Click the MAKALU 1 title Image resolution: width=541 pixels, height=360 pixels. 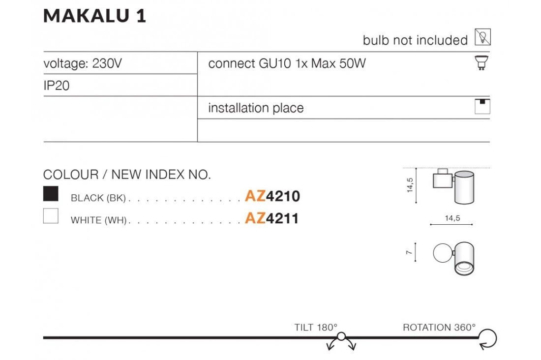(x=95, y=16)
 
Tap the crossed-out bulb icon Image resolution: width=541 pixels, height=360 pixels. (x=482, y=37)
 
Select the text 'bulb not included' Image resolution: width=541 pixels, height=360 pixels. (x=415, y=40)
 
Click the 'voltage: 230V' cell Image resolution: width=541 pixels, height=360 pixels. (x=82, y=63)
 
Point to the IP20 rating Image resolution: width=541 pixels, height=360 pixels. (x=57, y=86)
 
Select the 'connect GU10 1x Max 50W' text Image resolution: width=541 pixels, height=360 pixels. (x=287, y=63)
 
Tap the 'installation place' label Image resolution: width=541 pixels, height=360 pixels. (x=256, y=108)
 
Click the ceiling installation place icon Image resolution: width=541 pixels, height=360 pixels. (x=482, y=107)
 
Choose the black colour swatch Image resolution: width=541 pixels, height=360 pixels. (x=51, y=194)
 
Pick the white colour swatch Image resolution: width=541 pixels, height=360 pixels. (x=51, y=216)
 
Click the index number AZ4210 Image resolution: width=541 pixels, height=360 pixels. (x=272, y=196)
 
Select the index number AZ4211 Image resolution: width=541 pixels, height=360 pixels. (x=272, y=218)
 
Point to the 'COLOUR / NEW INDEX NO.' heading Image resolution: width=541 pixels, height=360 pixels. (x=127, y=175)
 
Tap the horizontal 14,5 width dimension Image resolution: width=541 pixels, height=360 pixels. (x=452, y=218)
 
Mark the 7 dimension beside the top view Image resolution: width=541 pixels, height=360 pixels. (x=409, y=252)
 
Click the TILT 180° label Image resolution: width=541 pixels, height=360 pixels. (x=316, y=327)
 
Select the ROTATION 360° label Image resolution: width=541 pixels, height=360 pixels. (x=439, y=327)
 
